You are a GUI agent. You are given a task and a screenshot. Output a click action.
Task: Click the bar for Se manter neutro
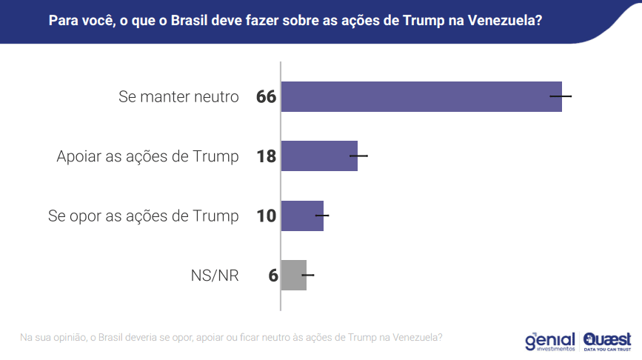click(421, 96)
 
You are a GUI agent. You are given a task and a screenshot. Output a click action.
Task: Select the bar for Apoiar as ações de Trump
click(319, 156)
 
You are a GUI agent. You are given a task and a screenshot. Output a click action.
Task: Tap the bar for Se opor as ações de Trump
click(302, 216)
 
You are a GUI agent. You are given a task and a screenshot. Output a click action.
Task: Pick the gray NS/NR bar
click(294, 275)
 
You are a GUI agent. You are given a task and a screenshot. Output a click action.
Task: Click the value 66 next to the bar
click(266, 97)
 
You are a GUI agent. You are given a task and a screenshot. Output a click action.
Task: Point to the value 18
click(266, 156)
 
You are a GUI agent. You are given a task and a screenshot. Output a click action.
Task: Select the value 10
click(266, 216)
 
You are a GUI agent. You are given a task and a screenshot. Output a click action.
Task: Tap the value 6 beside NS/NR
click(272, 276)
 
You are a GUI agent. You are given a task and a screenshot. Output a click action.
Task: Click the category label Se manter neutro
click(178, 97)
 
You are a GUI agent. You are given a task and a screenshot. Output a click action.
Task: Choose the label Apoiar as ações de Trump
click(148, 156)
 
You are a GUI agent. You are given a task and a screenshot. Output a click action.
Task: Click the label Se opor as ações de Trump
click(144, 216)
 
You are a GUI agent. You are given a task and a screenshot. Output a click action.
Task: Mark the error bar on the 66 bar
click(561, 96)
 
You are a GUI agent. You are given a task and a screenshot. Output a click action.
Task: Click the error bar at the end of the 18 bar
click(358, 156)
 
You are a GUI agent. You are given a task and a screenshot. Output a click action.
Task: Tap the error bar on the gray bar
click(307, 275)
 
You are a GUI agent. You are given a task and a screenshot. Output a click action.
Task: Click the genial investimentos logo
click(549, 341)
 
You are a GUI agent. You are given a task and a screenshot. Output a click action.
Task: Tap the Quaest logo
click(607, 340)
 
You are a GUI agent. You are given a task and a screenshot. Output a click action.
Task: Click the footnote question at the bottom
click(231, 338)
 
